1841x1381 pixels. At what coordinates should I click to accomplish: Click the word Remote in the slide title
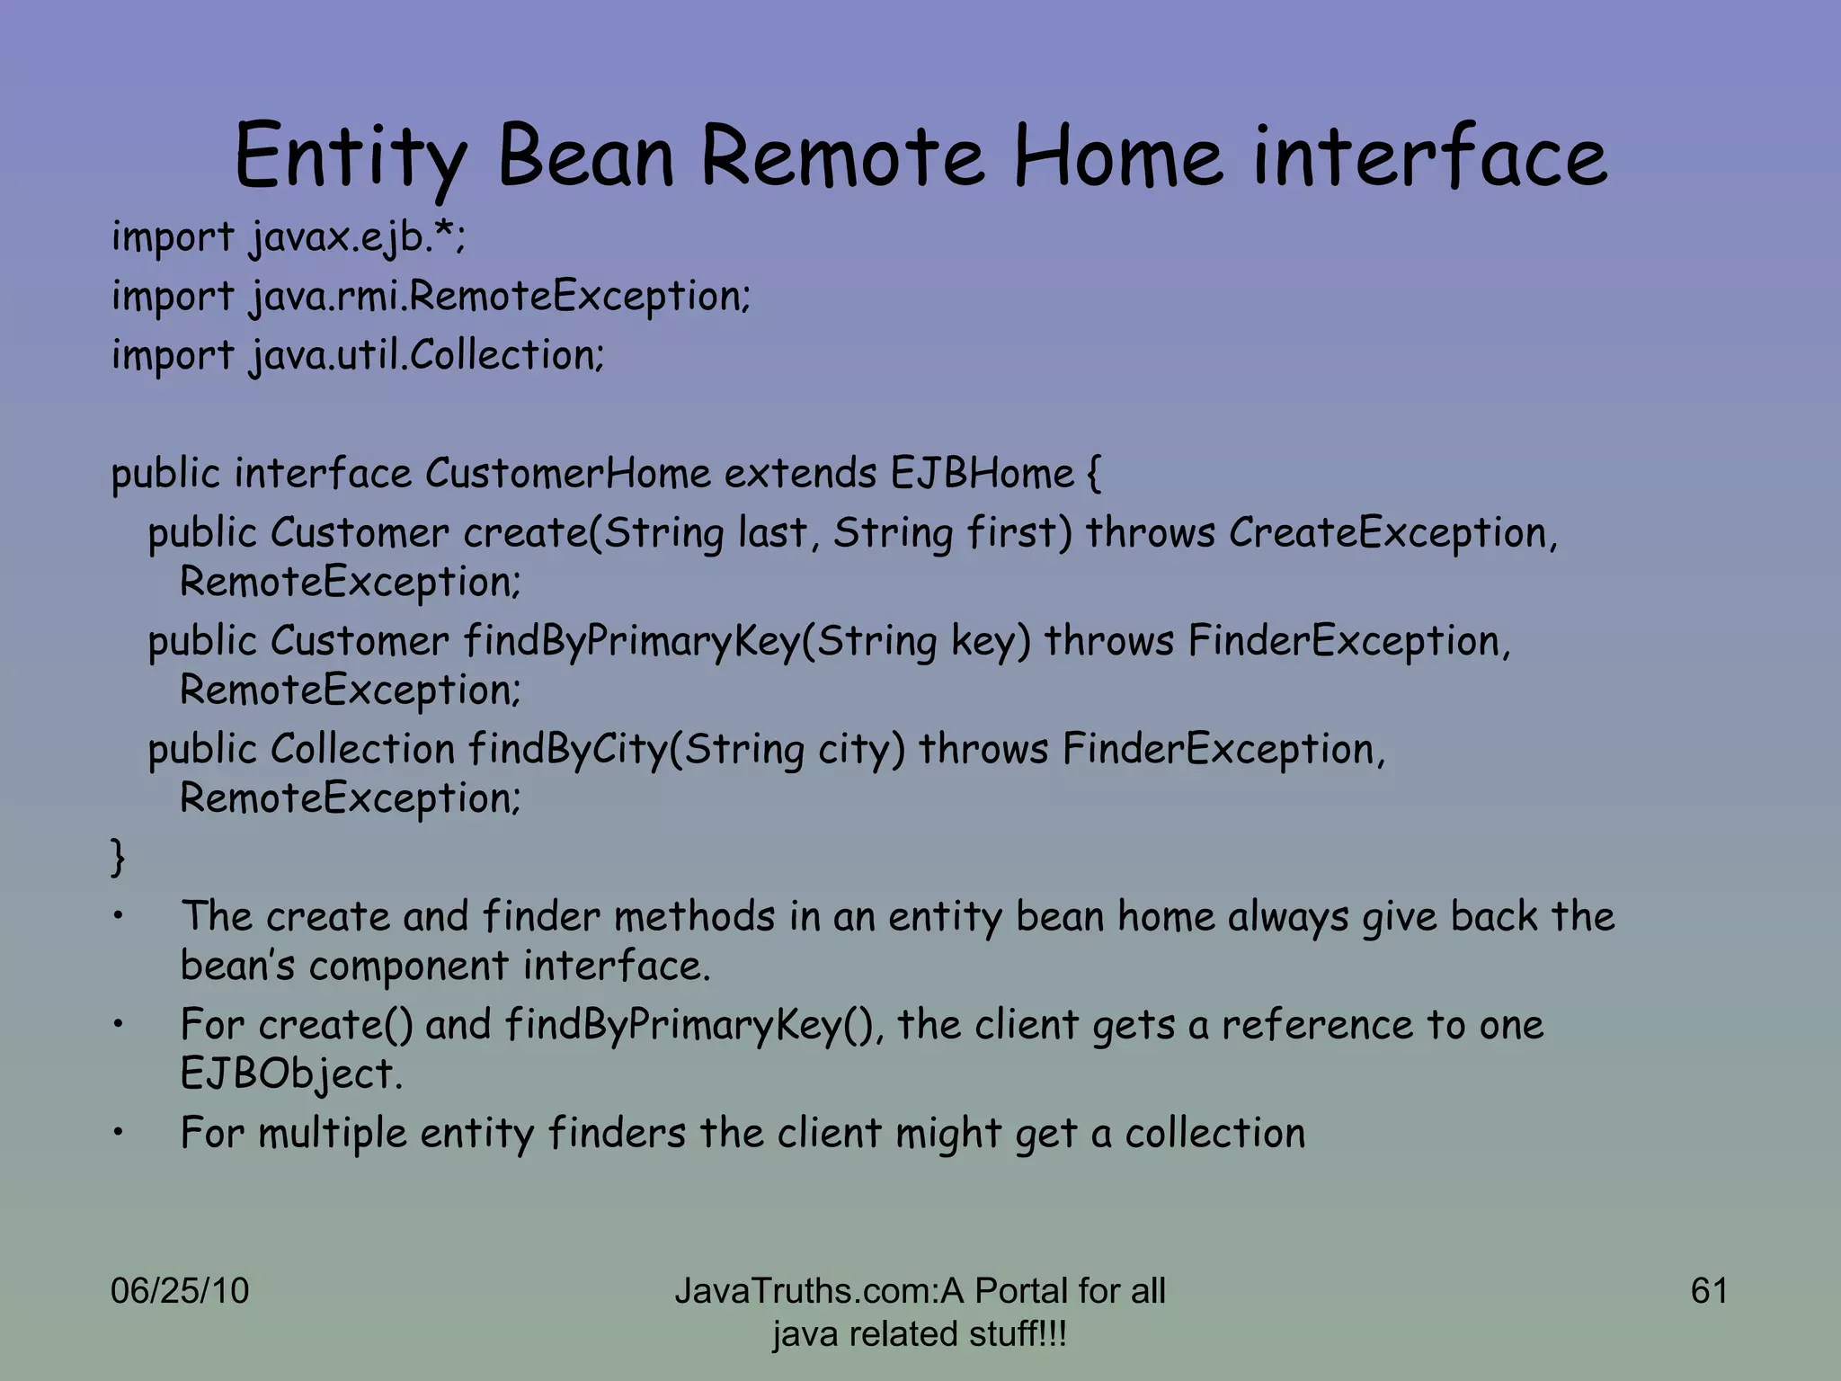[x=842, y=158]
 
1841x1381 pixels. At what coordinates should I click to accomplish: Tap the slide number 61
[x=1709, y=1291]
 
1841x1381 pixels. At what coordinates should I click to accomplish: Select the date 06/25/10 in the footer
[x=180, y=1291]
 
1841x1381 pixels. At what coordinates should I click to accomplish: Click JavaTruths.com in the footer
[x=805, y=1291]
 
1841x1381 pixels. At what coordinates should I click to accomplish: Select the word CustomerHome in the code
[x=568, y=473]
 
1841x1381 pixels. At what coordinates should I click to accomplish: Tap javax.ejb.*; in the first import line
[x=357, y=238]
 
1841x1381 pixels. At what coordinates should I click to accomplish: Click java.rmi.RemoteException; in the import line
[x=499, y=297]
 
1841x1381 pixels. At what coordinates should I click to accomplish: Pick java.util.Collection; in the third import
[x=426, y=355]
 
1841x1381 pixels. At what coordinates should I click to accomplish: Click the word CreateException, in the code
[x=1392, y=532]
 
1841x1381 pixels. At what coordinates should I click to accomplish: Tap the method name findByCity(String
[x=635, y=750]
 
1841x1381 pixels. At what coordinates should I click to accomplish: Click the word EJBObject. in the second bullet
[x=291, y=1074]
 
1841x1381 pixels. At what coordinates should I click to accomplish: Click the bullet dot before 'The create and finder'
[x=118, y=918]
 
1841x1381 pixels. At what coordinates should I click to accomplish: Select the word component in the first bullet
[x=408, y=967]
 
